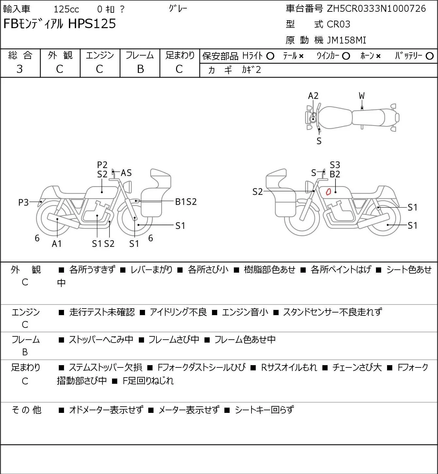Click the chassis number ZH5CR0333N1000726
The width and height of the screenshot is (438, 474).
[x=376, y=9]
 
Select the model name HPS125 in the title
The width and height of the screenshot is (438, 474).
[x=92, y=24]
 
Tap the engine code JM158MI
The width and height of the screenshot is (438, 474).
[x=347, y=40]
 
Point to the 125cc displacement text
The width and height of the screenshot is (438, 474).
[x=66, y=9]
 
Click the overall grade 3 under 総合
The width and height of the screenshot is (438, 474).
[x=20, y=69]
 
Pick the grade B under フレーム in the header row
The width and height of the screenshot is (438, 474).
[x=140, y=69]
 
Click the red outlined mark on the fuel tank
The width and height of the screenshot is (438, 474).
[x=328, y=192]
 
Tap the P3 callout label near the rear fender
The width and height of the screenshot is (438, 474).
[x=24, y=202]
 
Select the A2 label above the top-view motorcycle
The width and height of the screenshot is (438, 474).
[x=313, y=96]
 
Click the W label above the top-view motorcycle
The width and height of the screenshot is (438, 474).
[x=362, y=96]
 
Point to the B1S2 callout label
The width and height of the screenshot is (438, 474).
[x=186, y=202]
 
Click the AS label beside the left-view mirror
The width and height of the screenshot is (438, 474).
[x=126, y=173]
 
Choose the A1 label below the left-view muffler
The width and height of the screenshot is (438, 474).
[x=57, y=244]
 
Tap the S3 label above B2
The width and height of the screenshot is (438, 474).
[x=335, y=165]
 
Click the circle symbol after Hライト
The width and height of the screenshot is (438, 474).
[x=270, y=56]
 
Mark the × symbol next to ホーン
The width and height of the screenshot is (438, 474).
[x=378, y=56]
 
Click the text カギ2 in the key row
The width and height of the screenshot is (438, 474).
[x=251, y=70]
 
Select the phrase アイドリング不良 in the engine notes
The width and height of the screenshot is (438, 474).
[x=178, y=312]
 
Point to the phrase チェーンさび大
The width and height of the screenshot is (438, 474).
[x=357, y=367]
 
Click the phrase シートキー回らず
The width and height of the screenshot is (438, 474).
[x=264, y=410]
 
